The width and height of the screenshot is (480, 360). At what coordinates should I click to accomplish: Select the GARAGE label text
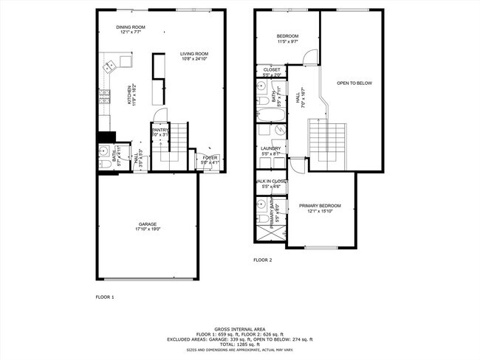tap(147, 224)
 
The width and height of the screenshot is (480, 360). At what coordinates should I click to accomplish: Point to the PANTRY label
tap(160, 130)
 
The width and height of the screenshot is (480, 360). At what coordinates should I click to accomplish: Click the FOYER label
tap(210, 157)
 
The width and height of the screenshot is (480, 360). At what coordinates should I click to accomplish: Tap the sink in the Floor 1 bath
tap(103, 153)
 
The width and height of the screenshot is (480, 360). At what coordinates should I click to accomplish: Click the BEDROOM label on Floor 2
tap(287, 36)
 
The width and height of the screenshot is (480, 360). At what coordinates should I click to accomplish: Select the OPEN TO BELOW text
tap(354, 83)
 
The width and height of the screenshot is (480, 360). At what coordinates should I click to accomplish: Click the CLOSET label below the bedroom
tap(272, 70)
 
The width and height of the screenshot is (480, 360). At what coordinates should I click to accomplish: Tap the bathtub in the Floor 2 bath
tap(264, 115)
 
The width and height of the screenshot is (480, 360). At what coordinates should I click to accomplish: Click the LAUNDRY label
tap(270, 148)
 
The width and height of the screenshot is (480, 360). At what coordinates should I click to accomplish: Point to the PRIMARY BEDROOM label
tap(320, 206)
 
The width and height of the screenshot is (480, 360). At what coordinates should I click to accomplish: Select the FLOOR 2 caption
tap(263, 260)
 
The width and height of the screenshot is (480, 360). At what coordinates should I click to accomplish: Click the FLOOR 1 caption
tap(105, 297)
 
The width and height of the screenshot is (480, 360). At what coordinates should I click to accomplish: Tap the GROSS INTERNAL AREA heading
tap(240, 329)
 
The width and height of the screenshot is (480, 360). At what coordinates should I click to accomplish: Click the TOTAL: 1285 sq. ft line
tap(240, 345)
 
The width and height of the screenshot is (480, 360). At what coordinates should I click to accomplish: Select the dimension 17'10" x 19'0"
tap(147, 229)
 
